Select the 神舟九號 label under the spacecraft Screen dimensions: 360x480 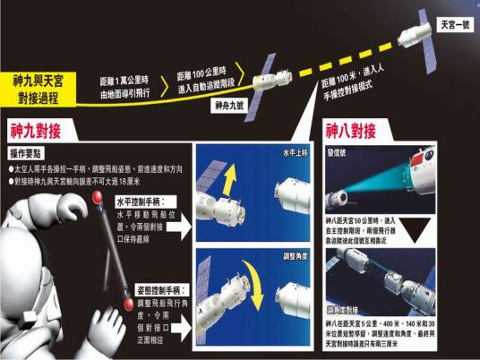click(229, 105)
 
